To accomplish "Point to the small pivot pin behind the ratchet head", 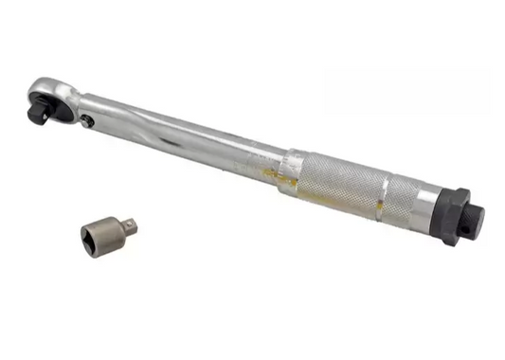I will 87,120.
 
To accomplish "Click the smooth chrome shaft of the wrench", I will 189,138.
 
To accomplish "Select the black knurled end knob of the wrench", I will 474,220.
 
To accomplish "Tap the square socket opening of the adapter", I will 95,235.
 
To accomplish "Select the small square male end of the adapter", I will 130,225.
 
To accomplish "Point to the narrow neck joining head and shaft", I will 78,103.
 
